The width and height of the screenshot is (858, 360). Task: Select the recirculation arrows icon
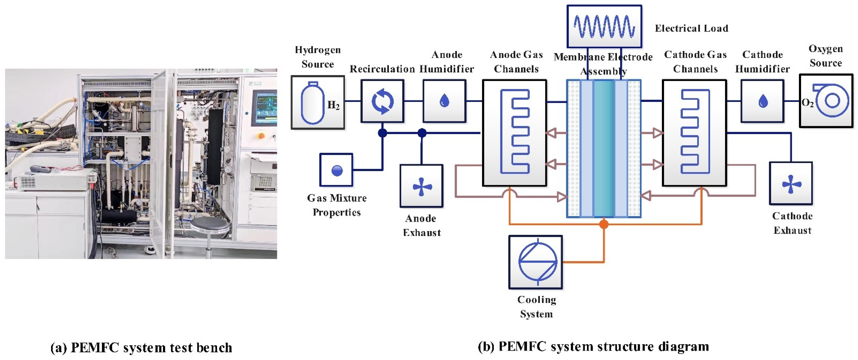pos(382,101)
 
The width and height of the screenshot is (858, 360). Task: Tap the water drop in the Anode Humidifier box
pos(444,100)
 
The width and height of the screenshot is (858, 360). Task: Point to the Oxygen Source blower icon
pos(830,100)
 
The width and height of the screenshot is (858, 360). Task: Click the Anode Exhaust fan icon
pos(422,186)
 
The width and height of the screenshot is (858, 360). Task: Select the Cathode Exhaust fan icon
pos(791,184)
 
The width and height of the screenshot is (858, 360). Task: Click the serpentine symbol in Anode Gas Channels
pos(515,131)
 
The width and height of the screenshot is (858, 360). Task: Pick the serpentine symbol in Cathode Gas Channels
pos(695,131)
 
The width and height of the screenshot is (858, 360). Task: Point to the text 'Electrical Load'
pos(691,28)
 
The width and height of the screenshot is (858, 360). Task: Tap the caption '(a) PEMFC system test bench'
pos(141,348)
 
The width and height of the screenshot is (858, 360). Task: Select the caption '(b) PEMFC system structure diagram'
pos(593,347)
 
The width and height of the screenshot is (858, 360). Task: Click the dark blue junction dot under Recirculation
pos(382,133)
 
